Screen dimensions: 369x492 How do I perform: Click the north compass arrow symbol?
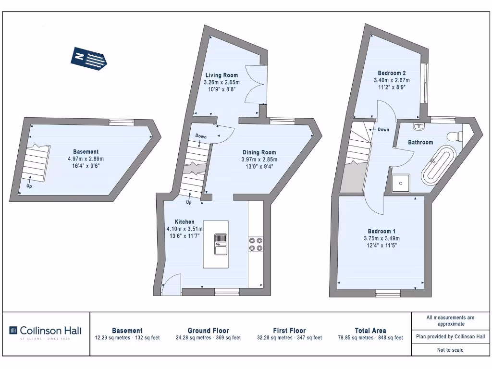pyautogui.click(x=90, y=59)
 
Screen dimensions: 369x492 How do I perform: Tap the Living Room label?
pyautogui.click(x=221, y=75)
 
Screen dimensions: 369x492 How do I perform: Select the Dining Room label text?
pyautogui.click(x=259, y=152)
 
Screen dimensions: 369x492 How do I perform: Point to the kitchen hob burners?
pyautogui.click(x=256, y=245)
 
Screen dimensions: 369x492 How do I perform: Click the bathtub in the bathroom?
pyautogui.click(x=438, y=166)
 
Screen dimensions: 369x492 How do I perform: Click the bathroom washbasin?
pyautogui.click(x=418, y=127)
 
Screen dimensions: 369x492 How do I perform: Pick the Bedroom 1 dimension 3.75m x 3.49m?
pyautogui.click(x=381, y=238)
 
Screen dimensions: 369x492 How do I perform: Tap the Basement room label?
pyautogui.click(x=86, y=152)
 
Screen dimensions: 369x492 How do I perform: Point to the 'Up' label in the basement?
pyautogui.click(x=29, y=186)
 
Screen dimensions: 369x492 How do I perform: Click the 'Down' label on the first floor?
pyautogui.click(x=383, y=130)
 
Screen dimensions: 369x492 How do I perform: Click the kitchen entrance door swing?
pyautogui.click(x=171, y=284)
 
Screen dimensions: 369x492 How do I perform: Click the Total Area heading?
pyautogui.click(x=370, y=331)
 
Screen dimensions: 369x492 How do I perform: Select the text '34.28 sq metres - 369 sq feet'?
pyautogui.click(x=208, y=338)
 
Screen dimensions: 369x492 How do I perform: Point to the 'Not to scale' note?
pyautogui.click(x=450, y=350)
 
